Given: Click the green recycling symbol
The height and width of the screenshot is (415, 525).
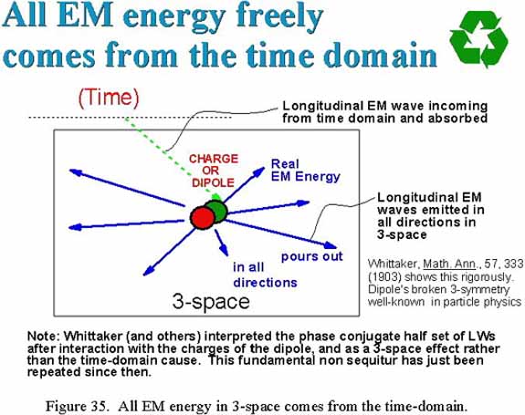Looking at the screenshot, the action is coord(478,39).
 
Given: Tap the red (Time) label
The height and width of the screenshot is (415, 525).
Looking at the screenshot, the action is coord(109,98).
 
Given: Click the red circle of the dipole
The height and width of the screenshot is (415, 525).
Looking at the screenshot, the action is coord(202,218).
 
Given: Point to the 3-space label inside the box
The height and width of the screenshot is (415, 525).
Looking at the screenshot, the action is coord(211,301).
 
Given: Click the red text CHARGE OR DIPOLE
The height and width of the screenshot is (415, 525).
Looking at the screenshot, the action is coord(214,171).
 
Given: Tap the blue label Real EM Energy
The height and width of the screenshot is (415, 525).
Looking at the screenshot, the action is coord(305,171).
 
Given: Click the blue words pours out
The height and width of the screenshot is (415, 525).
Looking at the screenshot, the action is coord(311,256).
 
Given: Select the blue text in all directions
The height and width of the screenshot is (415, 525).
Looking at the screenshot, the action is coord(265,275).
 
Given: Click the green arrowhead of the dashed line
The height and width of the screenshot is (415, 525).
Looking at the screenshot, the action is coord(216,197).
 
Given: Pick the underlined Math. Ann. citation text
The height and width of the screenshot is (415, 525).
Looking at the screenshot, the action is coord(449,265).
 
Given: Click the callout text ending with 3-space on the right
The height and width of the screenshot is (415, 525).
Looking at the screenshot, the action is coord(431,216).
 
